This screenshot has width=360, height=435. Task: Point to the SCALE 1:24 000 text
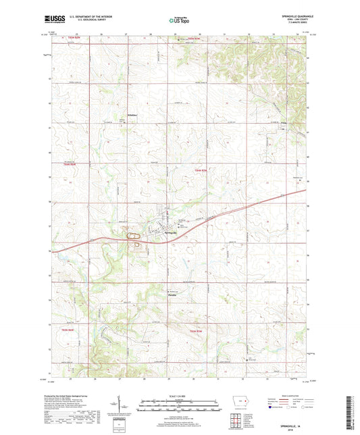(179, 398)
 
